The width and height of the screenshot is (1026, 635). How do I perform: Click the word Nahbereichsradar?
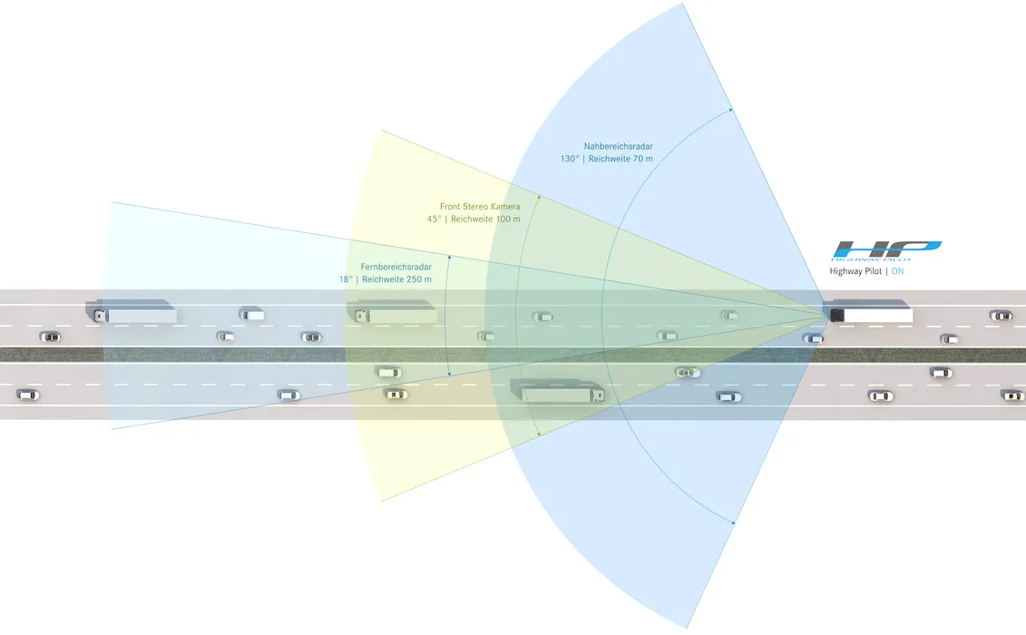coord(619,147)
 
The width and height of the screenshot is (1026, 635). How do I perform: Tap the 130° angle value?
coord(570,159)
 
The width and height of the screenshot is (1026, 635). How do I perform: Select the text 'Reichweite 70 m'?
coord(620,159)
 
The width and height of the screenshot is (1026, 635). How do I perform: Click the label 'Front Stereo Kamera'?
coord(480,207)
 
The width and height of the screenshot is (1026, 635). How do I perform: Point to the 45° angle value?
coord(434,220)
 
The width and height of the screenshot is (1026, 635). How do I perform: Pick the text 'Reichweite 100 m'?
coord(485,220)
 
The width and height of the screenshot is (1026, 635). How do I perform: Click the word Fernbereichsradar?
coord(396,267)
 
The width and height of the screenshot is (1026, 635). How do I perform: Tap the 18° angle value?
coord(346,279)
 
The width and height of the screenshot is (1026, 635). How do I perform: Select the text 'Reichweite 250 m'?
coord(396,279)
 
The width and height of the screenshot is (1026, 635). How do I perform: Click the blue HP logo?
coord(886,250)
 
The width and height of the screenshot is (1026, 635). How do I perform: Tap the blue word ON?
coord(897,271)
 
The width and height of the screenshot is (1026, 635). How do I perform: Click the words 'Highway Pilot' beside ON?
coord(855,271)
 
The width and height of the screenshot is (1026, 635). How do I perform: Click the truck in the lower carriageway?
coord(558,391)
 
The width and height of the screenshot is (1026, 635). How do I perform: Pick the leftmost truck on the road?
coord(131,312)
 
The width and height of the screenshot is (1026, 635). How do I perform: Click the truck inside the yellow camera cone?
coord(392,312)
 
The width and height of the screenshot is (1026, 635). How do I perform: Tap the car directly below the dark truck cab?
coord(814,338)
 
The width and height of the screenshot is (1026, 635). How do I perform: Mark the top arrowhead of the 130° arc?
coord(731,110)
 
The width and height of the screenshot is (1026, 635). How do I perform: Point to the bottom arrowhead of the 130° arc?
coord(733,523)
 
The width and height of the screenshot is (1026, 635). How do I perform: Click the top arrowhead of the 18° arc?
coord(449,258)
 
